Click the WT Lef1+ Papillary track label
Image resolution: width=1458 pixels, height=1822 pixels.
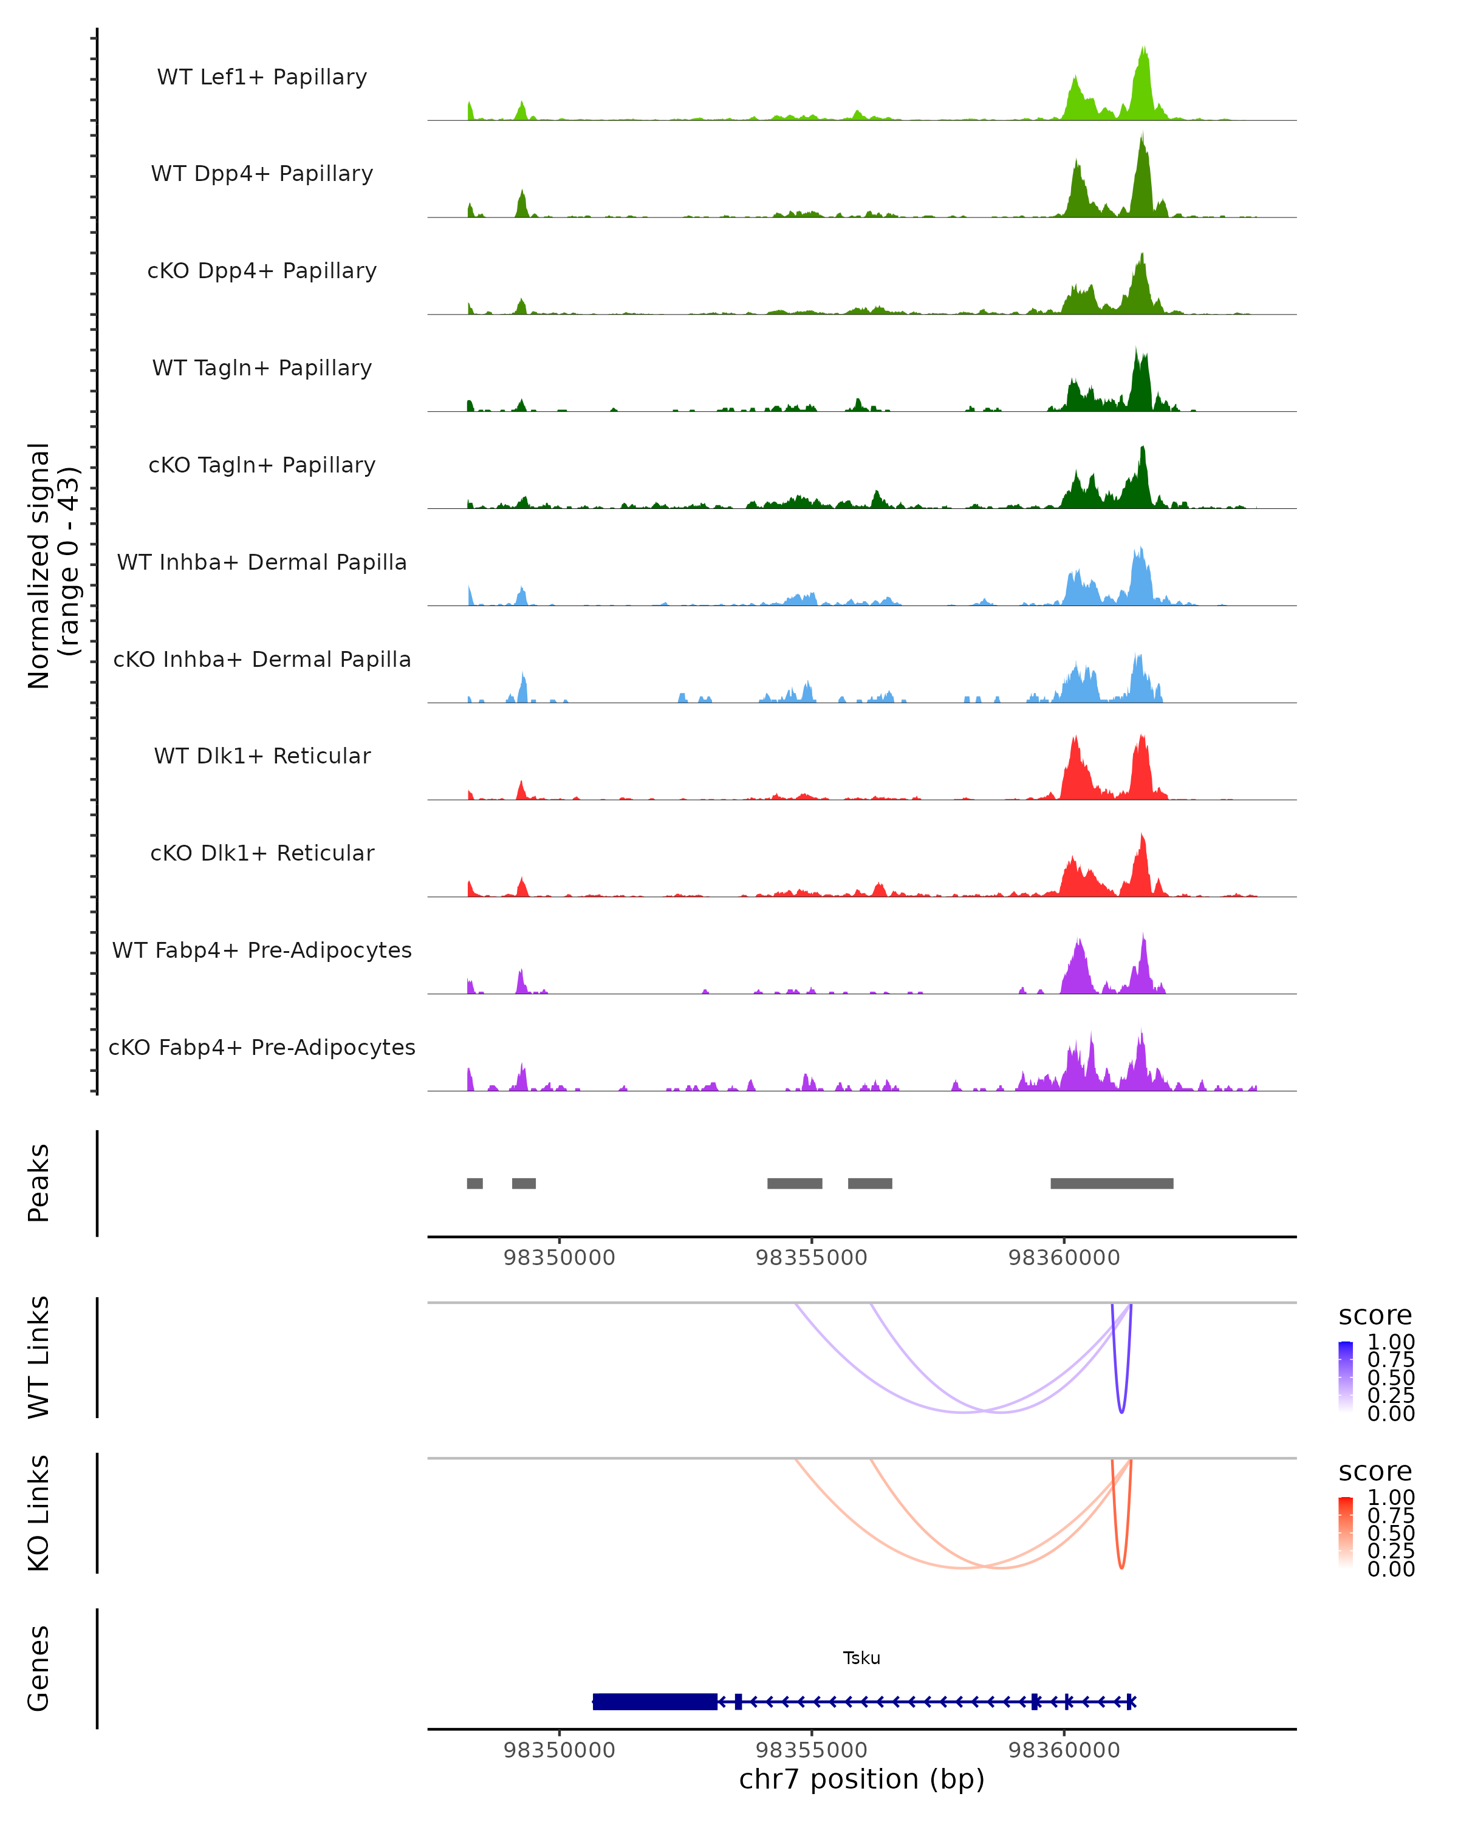click(x=262, y=77)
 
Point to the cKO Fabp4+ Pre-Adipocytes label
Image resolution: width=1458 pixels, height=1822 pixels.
click(x=262, y=1047)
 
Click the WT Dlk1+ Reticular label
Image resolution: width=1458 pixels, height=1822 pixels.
click(x=262, y=756)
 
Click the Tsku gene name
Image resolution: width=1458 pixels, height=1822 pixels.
click(x=861, y=1658)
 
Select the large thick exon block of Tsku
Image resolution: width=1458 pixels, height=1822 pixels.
click(x=655, y=1701)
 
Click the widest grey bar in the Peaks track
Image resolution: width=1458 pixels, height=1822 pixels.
click(x=1112, y=1183)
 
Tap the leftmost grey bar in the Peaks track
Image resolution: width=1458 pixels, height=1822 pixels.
click(x=475, y=1183)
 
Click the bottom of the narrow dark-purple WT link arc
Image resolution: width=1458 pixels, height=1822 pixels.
click(x=1121, y=1411)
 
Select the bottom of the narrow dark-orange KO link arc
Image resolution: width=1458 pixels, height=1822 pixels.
click(x=1121, y=1568)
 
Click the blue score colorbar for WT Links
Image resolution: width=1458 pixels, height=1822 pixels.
click(x=1346, y=1377)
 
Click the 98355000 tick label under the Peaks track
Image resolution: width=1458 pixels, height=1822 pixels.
click(x=812, y=1258)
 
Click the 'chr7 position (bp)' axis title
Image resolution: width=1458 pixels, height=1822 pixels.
click(x=861, y=1779)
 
